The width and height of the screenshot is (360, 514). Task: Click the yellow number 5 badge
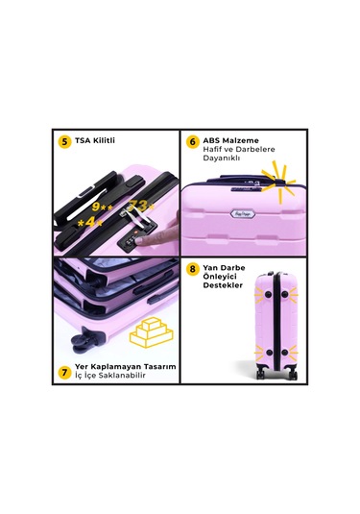tap(65, 142)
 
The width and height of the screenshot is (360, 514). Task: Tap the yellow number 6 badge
tap(193, 142)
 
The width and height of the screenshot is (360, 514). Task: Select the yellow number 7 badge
tap(65, 373)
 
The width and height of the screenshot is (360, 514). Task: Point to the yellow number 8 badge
tap(193, 269)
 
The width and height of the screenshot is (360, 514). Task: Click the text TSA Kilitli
tap(95, 140)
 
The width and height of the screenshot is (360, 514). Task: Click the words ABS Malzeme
tap(230, 140)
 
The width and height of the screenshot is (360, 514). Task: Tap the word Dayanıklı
tap(222, 158)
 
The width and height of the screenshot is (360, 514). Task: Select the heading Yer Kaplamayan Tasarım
tap(126, 366)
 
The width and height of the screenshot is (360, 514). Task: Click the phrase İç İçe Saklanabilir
tap(110, 376)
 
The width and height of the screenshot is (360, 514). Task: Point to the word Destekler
tap(223, 285)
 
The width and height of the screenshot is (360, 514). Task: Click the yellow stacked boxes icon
tap(152, 332)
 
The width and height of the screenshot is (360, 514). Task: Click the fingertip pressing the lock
tap(140, 241)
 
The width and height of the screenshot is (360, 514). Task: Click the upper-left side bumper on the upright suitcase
tap(269, 294)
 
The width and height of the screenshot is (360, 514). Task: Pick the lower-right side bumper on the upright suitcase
tap(285, 353)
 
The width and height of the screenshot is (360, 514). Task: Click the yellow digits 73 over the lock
tap(137, 206)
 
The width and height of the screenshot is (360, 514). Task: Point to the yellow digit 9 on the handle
tap(96, 207)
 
